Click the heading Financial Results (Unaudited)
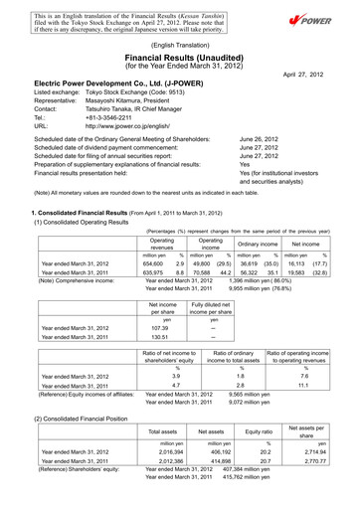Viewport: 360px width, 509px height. click(x=180, y=57)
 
